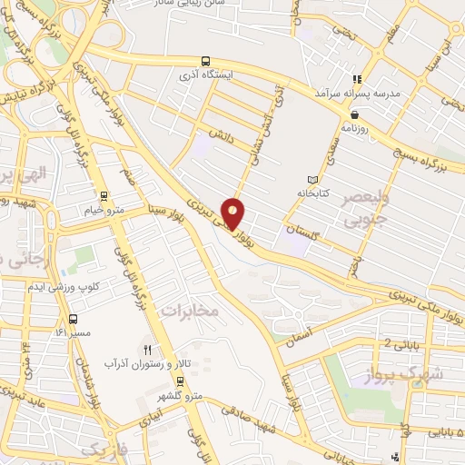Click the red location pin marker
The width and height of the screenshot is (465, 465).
tap(234, 213)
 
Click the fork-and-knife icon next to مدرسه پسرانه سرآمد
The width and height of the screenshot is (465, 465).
tap(358, 79)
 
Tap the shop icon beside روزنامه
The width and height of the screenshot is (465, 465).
tap(354, 114)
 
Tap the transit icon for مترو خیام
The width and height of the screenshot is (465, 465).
tap(104, 195)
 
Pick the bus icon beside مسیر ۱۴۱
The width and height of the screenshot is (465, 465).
tap(73, 319)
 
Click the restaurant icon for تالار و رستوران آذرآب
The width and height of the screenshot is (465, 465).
tap(147, 349)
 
